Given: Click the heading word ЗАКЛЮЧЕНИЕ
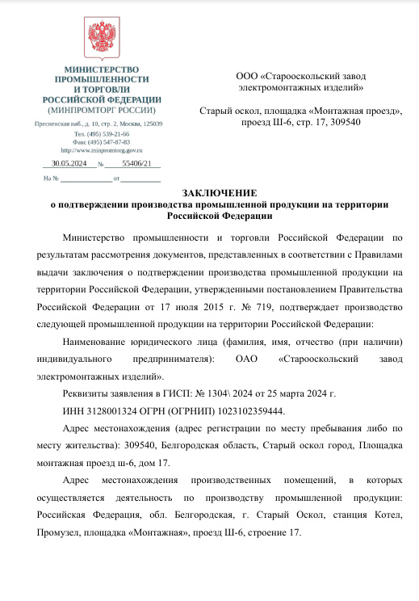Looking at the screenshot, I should [x=219, y=193].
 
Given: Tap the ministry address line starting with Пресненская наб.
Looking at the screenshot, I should [x=98, y=124].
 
